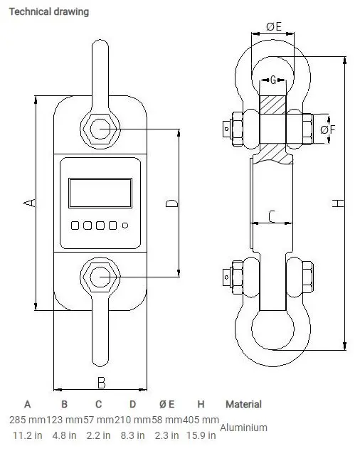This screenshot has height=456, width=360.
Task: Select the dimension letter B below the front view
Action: (101, 383)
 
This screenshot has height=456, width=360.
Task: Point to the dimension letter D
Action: (171, 204)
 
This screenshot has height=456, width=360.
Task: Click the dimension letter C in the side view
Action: (270, 215)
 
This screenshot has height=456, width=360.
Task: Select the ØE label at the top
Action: (274, 27)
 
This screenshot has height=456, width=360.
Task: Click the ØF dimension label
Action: (328, 129)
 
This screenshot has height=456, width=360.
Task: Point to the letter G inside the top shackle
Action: (273, 79)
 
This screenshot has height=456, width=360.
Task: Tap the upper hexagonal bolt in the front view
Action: (100, 129)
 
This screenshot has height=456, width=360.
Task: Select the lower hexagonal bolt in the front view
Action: (100, 275)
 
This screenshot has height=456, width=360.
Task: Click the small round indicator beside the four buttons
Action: (125, 226)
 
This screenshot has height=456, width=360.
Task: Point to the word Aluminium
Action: (243, 428)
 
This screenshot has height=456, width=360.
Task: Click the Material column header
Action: (243, 404)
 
